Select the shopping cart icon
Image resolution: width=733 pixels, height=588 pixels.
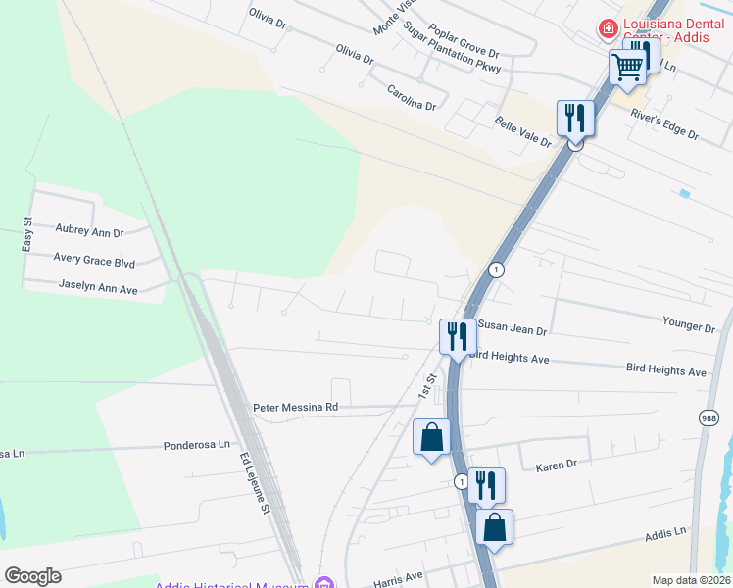627,69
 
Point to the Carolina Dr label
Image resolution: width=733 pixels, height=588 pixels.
411,97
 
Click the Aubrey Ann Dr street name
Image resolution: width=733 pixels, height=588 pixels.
90,233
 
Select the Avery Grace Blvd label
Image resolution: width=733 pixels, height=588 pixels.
95,262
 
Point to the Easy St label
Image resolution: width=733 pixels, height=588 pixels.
27,235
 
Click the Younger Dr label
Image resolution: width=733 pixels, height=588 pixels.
689,324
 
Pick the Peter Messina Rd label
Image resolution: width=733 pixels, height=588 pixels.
295,407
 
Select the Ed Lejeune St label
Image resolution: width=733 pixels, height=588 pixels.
254,483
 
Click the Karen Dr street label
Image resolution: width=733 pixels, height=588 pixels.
557,466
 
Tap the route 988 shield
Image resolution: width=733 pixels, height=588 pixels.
709,418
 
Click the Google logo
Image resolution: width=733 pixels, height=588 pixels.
32,576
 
